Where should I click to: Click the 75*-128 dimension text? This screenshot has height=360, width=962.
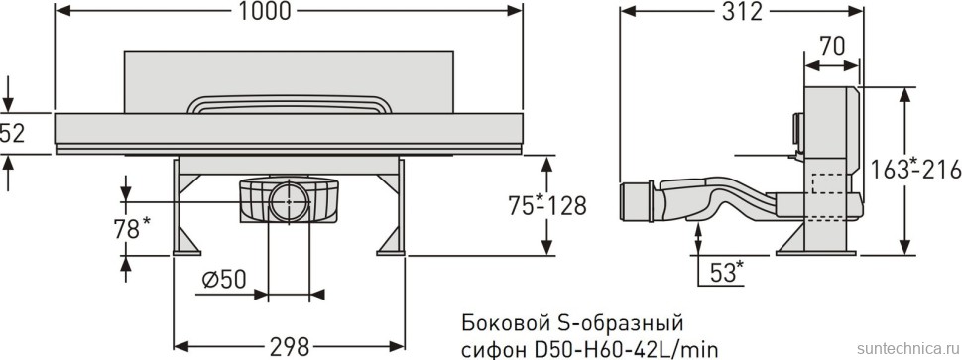547,206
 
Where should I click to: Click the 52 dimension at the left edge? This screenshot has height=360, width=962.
13,132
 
